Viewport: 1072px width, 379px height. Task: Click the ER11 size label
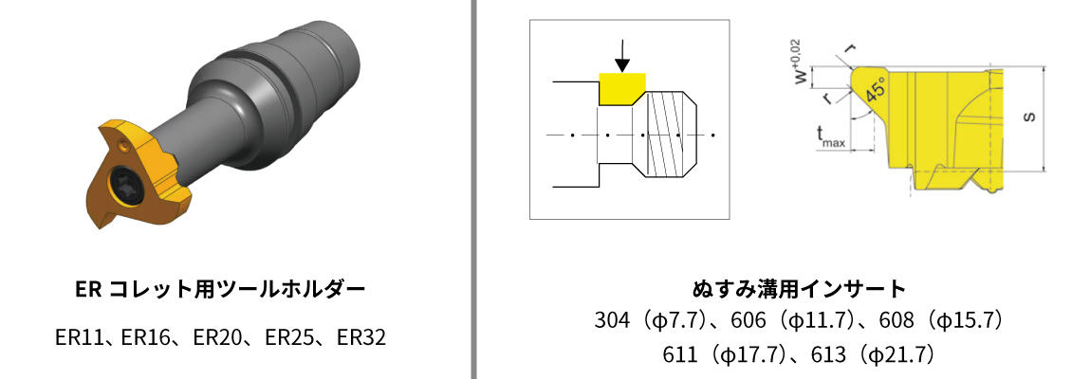coord(78,337)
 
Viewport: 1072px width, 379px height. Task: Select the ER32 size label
coord(361,337)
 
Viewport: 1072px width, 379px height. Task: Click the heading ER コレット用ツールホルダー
coord(220,289)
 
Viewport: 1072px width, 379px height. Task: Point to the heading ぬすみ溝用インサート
coord(799,289)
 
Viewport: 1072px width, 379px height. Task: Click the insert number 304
coord(612,319)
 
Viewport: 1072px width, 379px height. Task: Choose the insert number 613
coord(827,355)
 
